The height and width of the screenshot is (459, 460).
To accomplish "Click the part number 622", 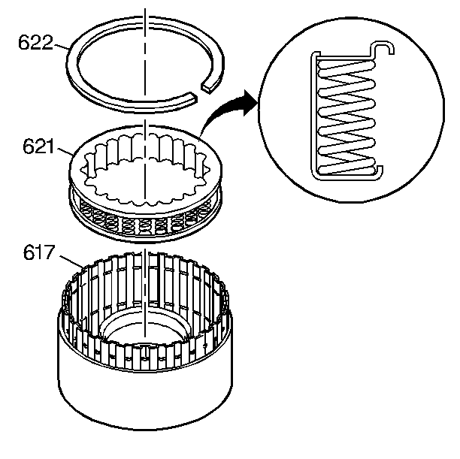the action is click(35, 43).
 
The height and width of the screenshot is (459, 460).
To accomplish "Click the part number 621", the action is click(38, 146).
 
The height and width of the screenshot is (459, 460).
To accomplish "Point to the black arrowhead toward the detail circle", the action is click(251, 103).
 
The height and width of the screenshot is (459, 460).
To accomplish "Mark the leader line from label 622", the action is click(61, 46).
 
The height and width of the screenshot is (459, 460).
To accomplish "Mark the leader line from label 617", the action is click(71, 262).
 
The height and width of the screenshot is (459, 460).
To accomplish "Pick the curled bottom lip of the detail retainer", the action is click(377, 173).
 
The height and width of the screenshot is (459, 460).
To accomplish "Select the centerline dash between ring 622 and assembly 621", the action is click(145, 125).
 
